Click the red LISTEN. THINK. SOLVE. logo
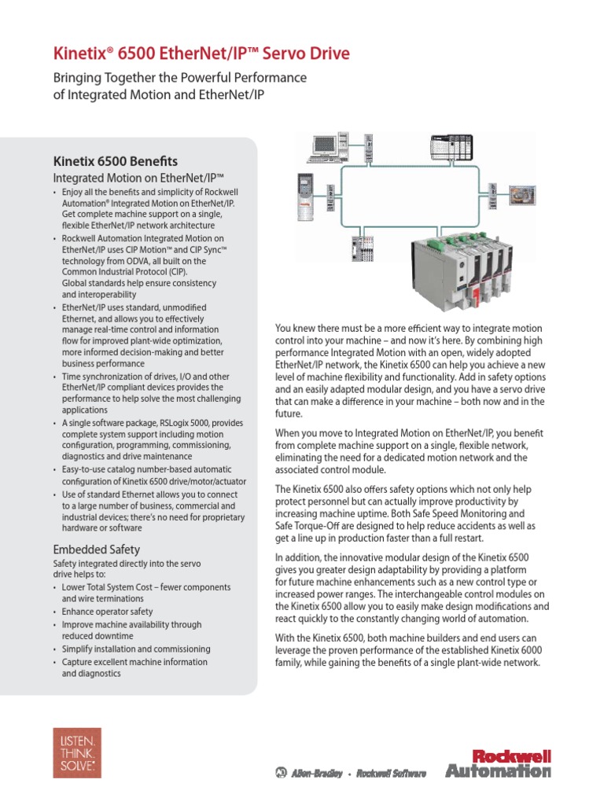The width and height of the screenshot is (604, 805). tap(76, 752)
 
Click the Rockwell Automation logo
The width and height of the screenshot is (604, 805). tap(498, 763)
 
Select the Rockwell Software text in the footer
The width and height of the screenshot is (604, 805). tap(391, 774)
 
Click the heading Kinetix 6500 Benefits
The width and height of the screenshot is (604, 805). tap(115, 160)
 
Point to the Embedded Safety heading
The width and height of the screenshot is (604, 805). tap(96, 549)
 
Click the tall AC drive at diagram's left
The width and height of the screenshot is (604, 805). tap(304, 197)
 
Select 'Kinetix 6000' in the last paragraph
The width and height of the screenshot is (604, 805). tap(512, 650)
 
